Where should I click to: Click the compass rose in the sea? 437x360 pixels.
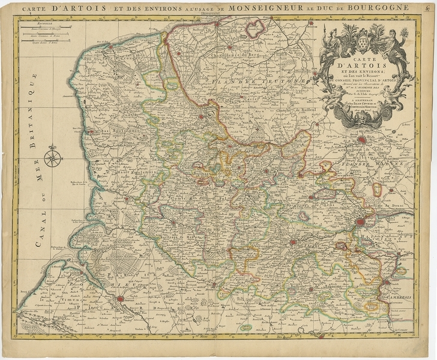tap(53, 157)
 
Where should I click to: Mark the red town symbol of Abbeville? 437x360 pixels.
tap(120, 298)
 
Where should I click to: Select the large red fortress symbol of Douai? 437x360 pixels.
tap(361, 223)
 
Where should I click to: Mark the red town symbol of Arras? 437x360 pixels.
tap(292, 243)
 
